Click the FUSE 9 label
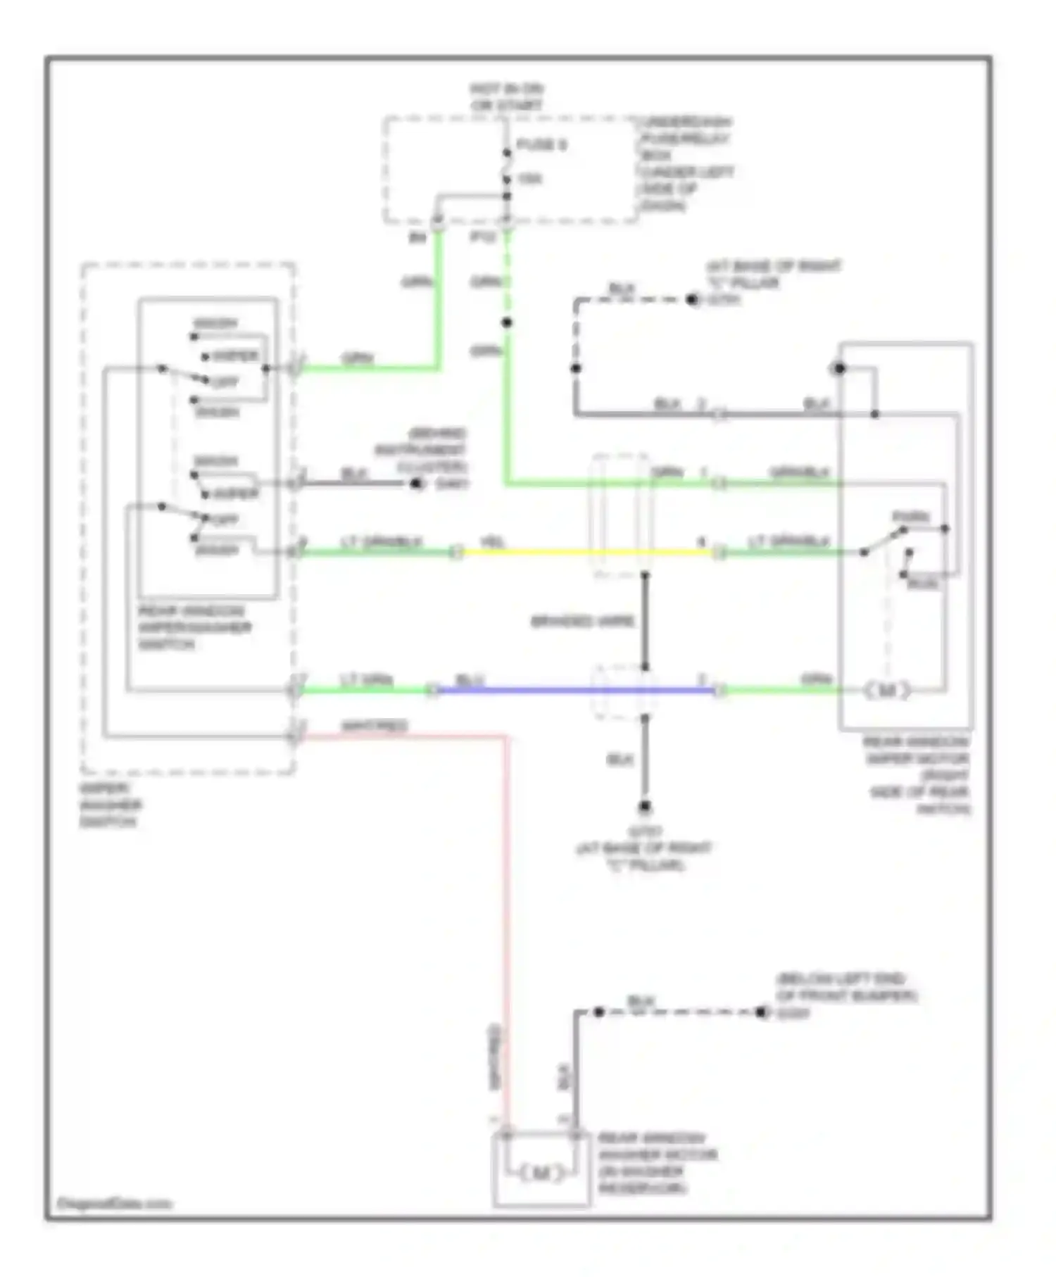point(541,145)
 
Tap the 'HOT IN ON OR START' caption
point(507,98)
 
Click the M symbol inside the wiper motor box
point(887,691)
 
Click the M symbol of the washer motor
point(541,1174)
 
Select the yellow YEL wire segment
point(584,553)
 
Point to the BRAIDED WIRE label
point(582,622)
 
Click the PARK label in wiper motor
point(911,517)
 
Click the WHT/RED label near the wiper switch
point(374,725)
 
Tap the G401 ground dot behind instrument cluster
point(417,484)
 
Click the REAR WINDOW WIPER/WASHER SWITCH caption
point(194,627)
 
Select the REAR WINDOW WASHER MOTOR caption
point(658,1163)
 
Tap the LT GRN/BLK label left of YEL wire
point(381,541)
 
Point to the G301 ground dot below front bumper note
point(760,1012)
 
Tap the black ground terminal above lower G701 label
point(644,807)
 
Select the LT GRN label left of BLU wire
point(366,680)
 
